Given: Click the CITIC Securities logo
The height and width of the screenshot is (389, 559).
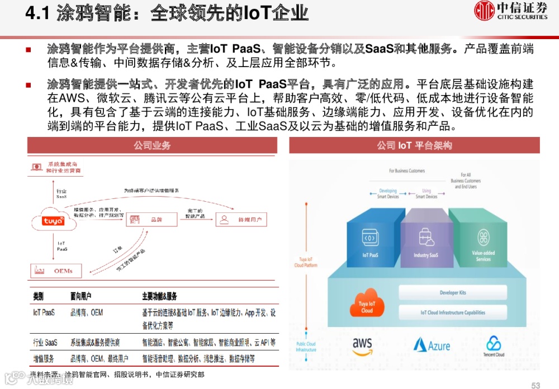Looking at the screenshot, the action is [511, 11].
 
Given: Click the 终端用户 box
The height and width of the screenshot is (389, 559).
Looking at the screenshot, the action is [241, 219].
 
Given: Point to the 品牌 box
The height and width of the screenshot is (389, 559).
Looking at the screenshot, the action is [148, 220].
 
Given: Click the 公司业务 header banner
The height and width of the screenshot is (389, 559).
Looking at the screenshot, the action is [152, 145].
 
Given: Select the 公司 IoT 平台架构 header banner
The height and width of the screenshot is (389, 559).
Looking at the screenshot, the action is [414, 145].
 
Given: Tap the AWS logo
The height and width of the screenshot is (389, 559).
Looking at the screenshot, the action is [362, 345].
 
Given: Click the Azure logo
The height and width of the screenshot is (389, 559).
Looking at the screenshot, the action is [432, 345].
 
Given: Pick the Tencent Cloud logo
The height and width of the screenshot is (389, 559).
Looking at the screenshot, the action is [493, 346].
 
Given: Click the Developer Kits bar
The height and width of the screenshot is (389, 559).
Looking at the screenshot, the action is [453, 292].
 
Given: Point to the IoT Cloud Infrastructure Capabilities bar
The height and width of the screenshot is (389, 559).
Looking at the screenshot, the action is [453, 312].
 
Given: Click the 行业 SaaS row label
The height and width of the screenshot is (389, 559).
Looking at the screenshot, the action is [45, 342].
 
